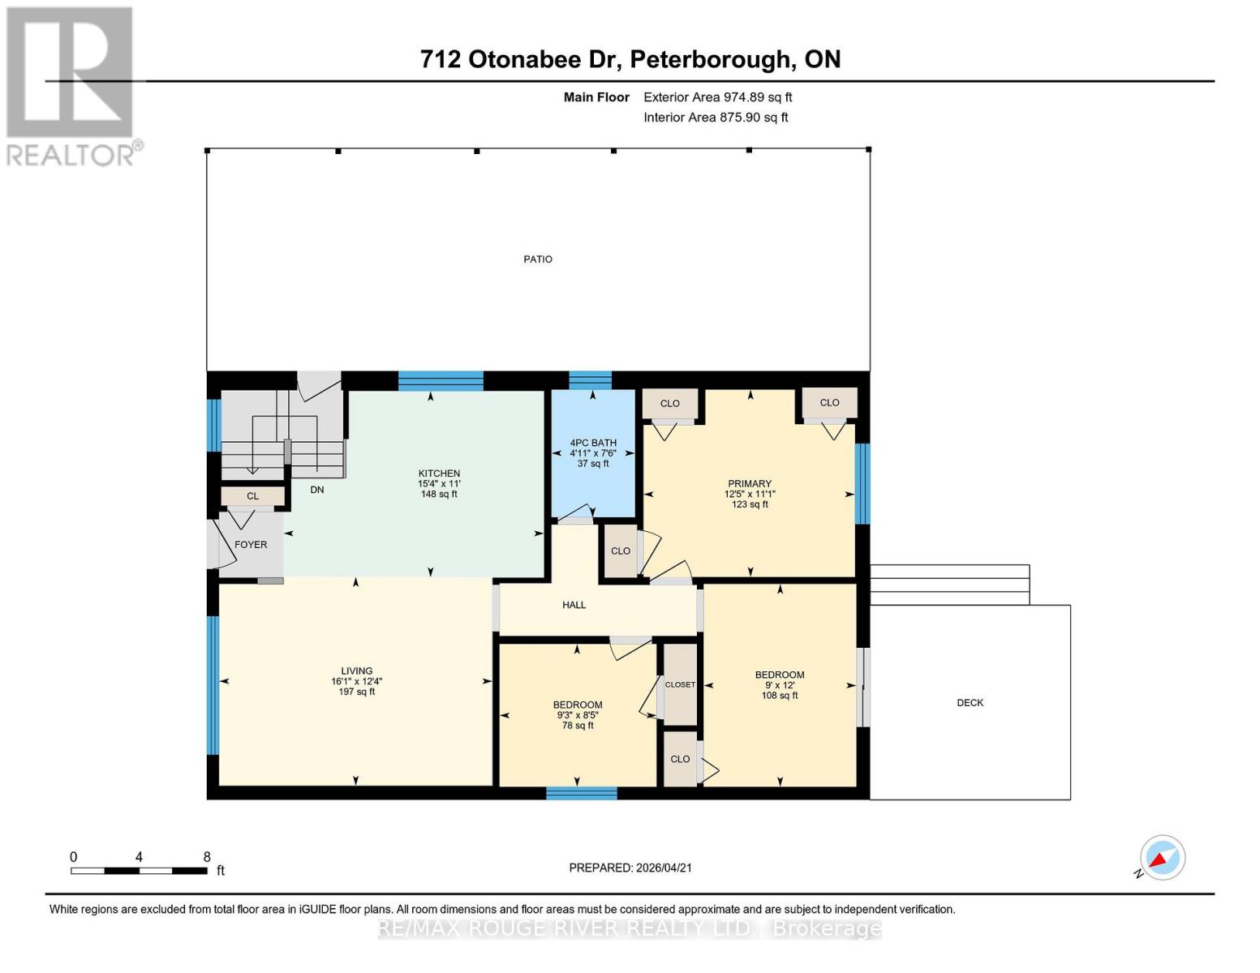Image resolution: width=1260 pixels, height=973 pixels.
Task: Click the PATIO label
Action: click(x=537, y=259)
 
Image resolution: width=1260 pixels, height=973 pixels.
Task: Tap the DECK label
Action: click(x=970, y=703)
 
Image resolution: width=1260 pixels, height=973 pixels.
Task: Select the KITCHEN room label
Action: click(x=439, y=474)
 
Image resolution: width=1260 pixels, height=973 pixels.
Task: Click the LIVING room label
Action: click(x=356, y=671)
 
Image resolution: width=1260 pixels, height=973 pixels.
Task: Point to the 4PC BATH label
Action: click(x=593, y=444)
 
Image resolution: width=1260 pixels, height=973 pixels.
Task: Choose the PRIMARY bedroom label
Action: click(x=749, y=484)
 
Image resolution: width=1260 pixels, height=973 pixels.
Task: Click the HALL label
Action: click(x=574, y=605)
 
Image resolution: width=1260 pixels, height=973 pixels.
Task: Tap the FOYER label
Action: click(x=251, y=545)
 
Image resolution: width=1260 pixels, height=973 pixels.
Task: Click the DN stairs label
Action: click(x=317, y=490)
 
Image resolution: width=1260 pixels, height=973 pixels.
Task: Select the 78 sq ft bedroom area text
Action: click(x=578, y=726)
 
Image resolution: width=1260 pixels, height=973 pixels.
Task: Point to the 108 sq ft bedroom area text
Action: click(x=780, y=696)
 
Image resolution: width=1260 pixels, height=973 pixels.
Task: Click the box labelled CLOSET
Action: click(x=680, y=684)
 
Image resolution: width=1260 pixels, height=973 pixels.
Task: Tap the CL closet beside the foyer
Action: click(x=252, y=496)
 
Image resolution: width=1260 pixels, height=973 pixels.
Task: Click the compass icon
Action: click(x=1162, y=858)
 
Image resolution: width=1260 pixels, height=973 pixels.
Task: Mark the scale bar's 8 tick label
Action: click(x=207, y=857)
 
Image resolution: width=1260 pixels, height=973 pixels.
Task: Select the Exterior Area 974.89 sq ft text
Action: click(x=717, y=97)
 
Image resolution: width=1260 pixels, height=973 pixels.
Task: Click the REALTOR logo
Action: click(x=71, y=85)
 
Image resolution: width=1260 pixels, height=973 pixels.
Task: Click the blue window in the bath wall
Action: click(x=590, y=380)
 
